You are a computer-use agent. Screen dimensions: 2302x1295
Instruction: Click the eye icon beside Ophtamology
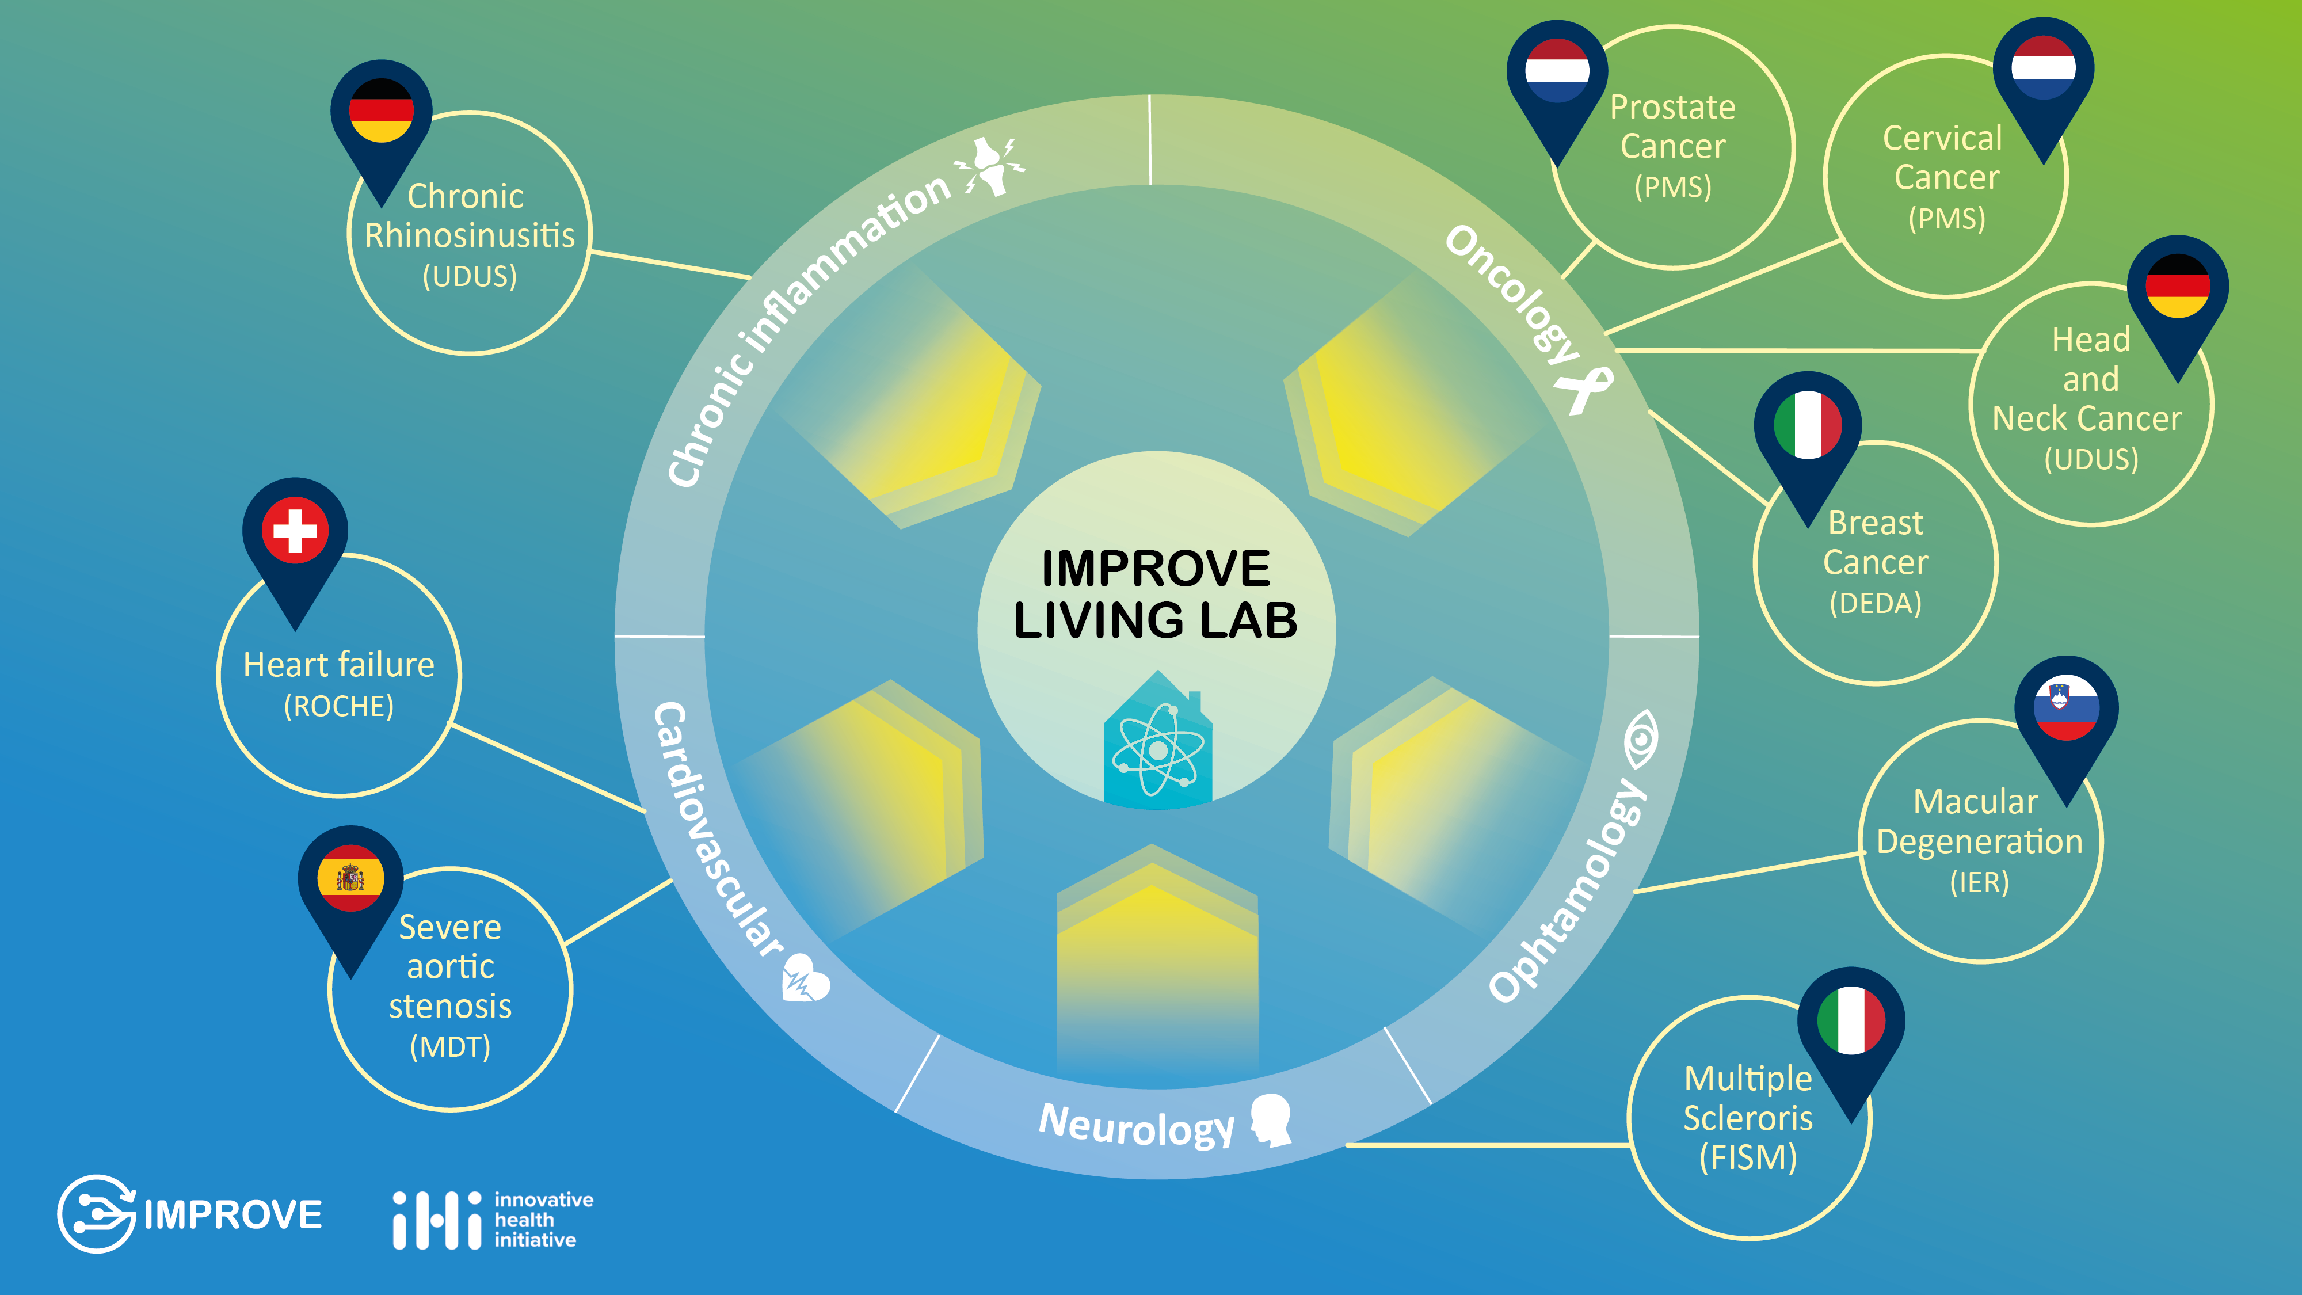click(1641, 739)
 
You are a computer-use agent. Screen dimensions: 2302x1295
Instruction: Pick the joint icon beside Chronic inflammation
click(989, 165)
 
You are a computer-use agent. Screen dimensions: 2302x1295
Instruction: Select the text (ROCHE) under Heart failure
click(339, 706)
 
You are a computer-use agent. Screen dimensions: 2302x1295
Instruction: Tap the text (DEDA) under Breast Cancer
click(1875, 603)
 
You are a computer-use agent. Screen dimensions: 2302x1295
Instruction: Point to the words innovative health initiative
click(543, 1219)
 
